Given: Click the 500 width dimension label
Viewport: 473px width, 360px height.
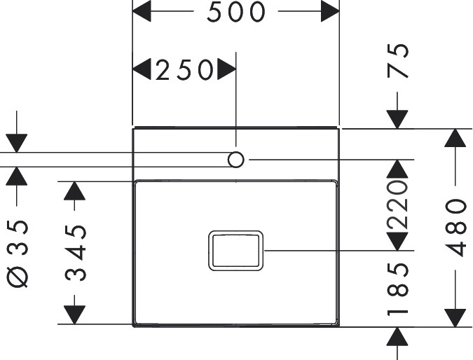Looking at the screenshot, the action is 236,12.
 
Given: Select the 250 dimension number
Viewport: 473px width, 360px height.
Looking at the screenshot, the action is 184,69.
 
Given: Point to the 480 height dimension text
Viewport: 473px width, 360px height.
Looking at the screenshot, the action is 456,227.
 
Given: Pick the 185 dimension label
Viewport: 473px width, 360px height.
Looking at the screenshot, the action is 397,289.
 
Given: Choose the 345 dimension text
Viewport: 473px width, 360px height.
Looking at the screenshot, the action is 76,253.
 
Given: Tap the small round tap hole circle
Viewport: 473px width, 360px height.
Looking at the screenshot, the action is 236,160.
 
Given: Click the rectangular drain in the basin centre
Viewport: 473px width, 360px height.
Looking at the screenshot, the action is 235,250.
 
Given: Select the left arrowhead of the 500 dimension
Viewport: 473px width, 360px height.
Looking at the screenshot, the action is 142,12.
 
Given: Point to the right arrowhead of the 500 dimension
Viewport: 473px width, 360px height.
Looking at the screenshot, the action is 330,12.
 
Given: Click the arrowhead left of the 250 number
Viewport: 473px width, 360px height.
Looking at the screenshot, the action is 142,69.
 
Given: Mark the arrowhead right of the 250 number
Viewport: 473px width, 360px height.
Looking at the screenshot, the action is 226,69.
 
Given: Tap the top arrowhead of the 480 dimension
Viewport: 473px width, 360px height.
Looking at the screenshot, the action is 456,138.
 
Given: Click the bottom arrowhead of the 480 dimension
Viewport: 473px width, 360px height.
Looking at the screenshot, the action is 456,316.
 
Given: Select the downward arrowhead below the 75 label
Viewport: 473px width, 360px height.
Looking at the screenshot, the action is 397,119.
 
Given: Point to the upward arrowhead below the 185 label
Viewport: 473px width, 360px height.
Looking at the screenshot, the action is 397,335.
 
